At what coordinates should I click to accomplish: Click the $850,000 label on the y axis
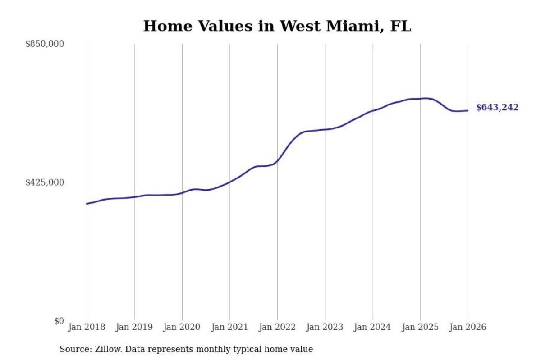tap(45, 44)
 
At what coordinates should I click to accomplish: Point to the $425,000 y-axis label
tap(45, 182)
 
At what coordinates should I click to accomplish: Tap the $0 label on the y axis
tap(59, 321)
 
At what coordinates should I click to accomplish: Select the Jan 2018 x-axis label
tap(87, 327)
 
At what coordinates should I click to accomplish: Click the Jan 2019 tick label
tap(134, 327)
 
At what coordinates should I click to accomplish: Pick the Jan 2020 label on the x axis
tap(182, 327)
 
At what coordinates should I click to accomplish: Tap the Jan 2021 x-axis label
tap(229, 327)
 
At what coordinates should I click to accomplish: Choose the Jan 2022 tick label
tap(277, 327)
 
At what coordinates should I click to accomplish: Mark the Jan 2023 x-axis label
tap(325, 327)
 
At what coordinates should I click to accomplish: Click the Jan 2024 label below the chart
tap(372, 327)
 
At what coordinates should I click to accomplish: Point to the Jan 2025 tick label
tap(420, 327)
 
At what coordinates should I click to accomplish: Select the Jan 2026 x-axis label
tap(468, 327)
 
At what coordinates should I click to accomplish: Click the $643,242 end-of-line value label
tap(497, 107)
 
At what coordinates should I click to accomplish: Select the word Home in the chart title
tap(168, 26)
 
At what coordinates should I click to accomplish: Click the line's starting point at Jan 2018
tap(87, 204)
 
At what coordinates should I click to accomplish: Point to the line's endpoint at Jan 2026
tap(468, 110)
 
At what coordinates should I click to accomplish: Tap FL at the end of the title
tap(401, 26)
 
